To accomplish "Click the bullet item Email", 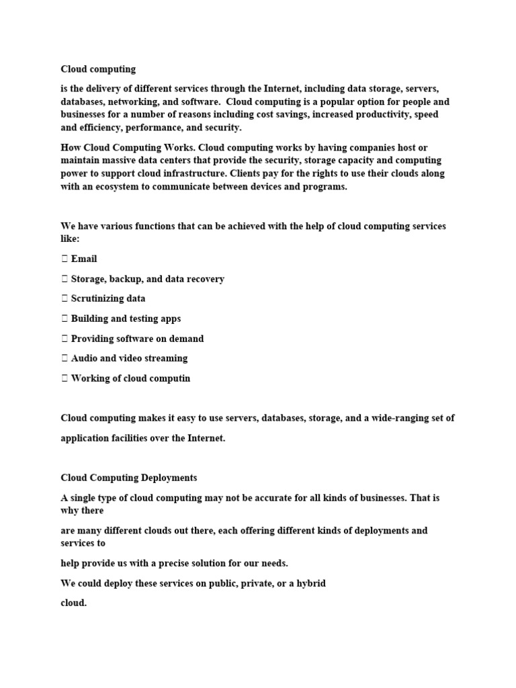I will pos(84,259).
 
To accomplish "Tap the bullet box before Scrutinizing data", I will pos(64,299).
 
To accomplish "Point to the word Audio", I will pos(84,358).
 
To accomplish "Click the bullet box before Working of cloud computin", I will pos(64,378).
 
